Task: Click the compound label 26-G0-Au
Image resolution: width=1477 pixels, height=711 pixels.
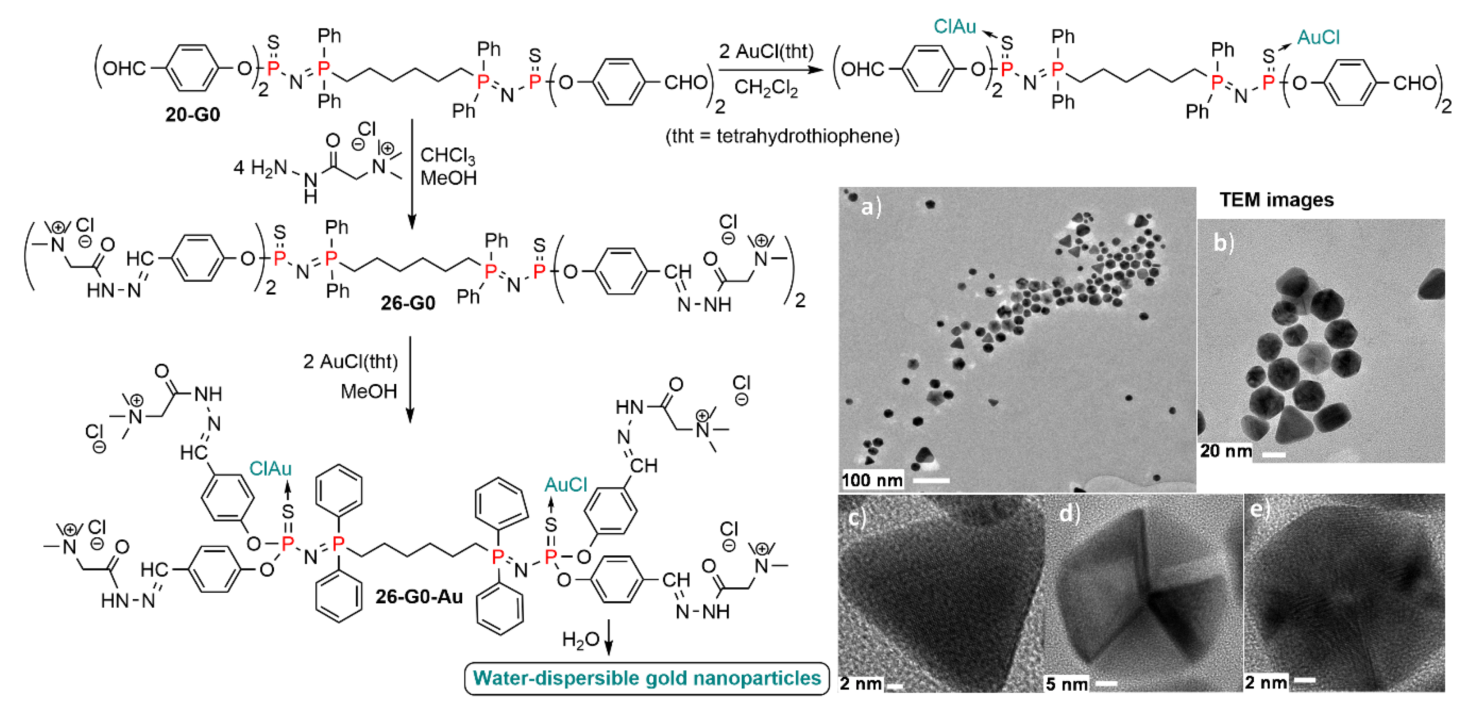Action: click(x=419, y=597)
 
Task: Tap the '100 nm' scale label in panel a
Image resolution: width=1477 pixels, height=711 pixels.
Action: click(x=872, y=479)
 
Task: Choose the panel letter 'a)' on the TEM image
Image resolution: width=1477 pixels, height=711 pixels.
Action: click(x=871, y=206)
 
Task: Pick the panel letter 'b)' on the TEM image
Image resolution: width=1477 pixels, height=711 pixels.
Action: click(x=1223, y=243)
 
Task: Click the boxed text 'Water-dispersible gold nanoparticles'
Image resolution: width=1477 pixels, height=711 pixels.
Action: click(x=647, y=678)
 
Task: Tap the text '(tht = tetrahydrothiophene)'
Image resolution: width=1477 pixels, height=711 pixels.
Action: click(x=782, y=137)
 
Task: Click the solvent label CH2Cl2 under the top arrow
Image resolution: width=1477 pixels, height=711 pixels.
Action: click(x=766, y=88)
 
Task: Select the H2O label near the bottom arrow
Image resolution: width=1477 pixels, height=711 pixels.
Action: click(x=580, y=639)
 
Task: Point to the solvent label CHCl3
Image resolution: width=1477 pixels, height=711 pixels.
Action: click(x=447, y=155)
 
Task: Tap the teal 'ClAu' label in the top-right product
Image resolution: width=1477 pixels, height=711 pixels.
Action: click(x=955, y=27)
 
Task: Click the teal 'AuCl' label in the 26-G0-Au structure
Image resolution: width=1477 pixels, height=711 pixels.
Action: click(x=565, y=485)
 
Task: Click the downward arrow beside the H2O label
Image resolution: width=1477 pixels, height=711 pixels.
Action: click(x=609, y=637)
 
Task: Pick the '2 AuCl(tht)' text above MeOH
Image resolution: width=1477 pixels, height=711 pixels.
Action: click(x=351, y=362)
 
